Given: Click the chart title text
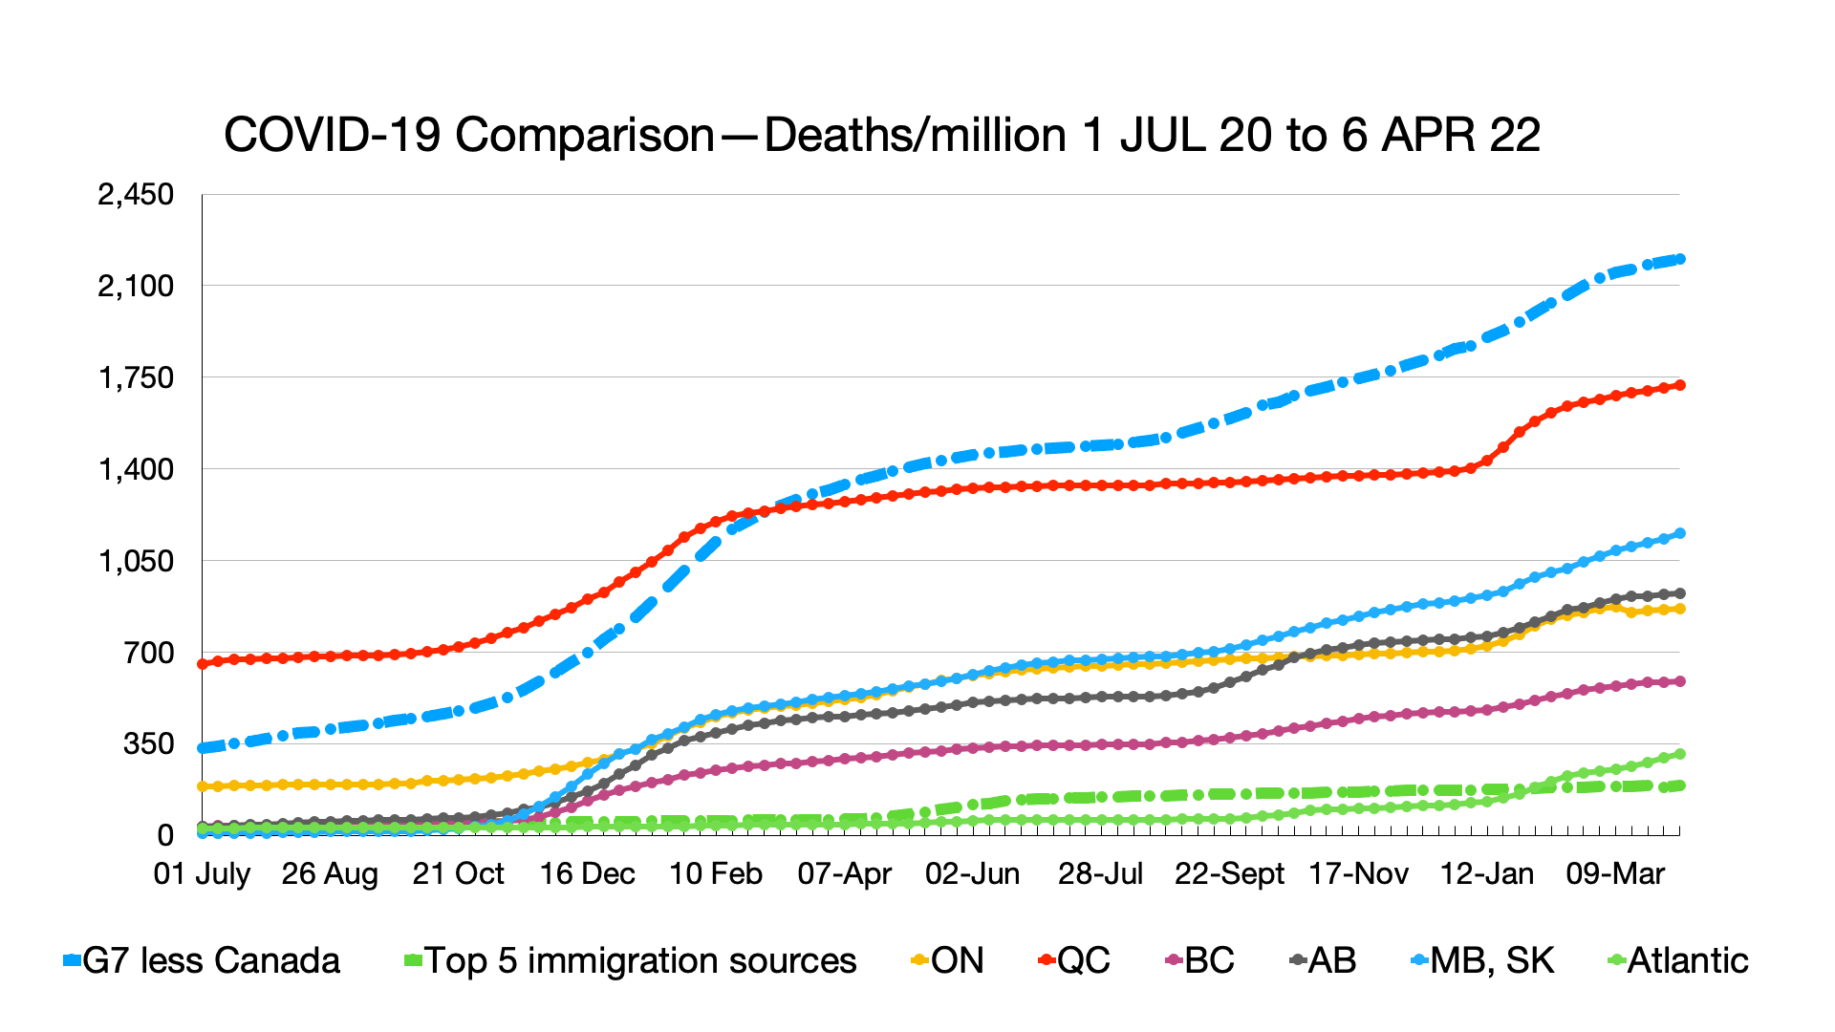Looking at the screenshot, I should point(881,135).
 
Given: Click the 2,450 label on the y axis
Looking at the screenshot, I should point(136,195).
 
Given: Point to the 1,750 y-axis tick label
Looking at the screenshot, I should point(136,378).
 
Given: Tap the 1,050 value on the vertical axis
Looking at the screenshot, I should point(136,561).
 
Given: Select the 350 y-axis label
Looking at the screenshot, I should point(148,744).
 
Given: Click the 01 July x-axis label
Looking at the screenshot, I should point(202,873).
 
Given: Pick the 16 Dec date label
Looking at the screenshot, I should point(587,873).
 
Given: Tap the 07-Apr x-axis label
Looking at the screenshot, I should point(844,873).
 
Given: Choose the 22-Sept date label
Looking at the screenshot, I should point(1229,873).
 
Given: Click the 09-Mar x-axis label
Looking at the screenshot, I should point(1615,873).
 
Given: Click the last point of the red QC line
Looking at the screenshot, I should point(1680,385).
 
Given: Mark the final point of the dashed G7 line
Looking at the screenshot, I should point(1680,259).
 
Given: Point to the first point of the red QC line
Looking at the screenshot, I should point(202,663).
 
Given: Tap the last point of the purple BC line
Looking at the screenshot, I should point(1680,681).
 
